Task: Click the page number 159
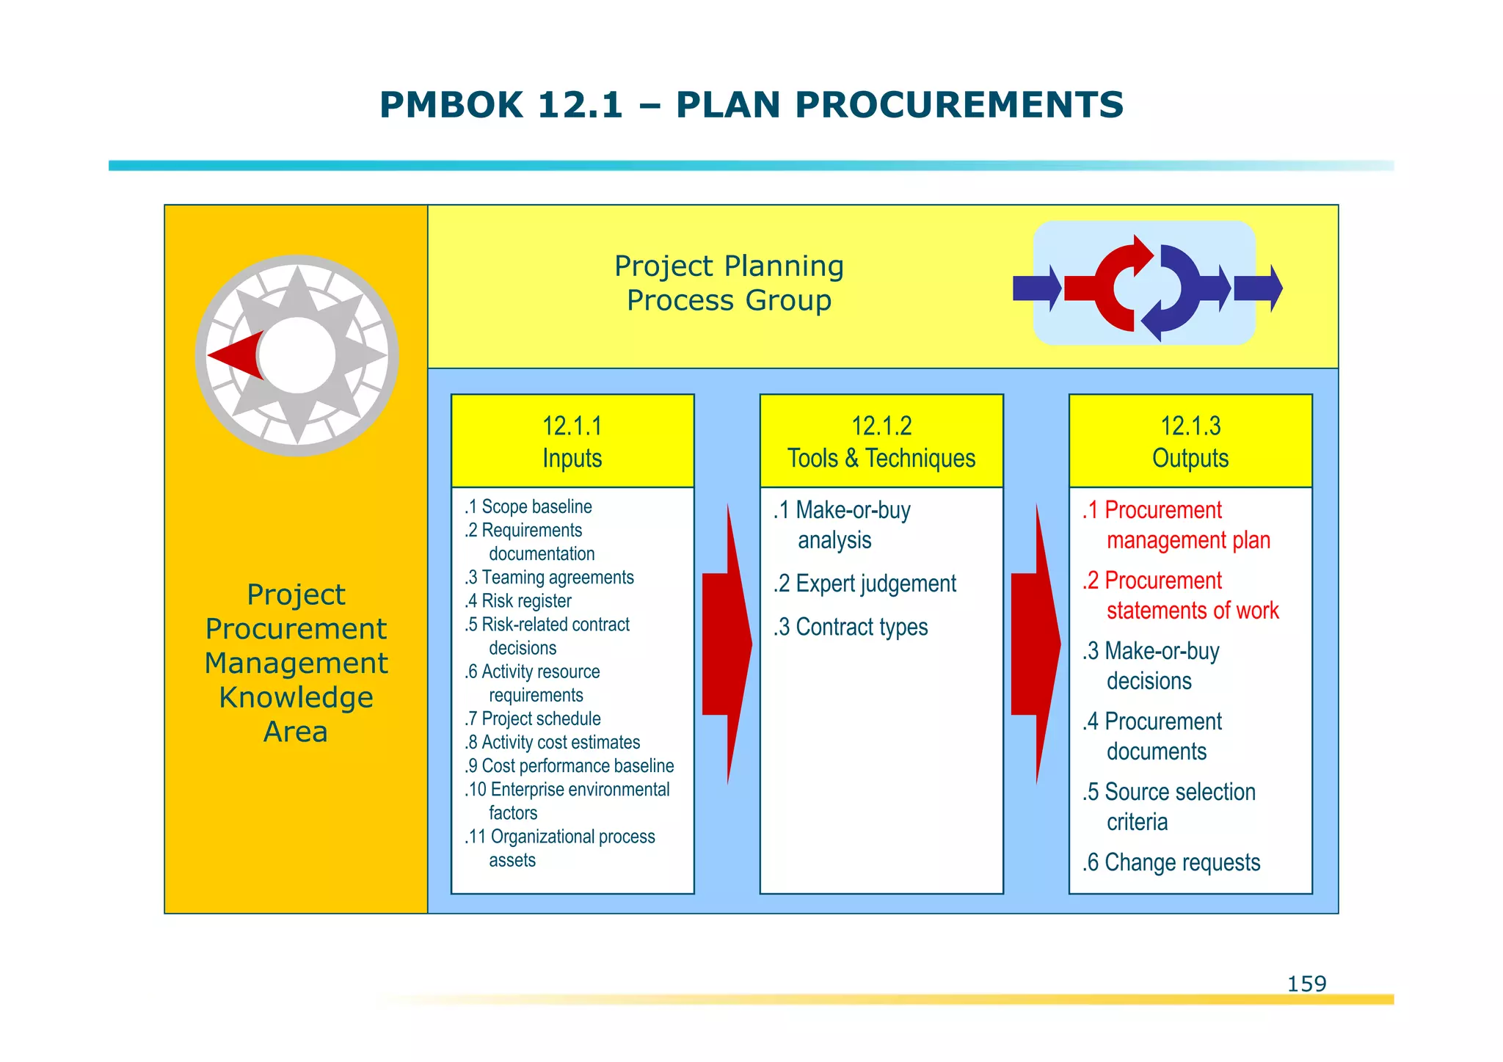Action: pyautogui.click(x=1306, y=983)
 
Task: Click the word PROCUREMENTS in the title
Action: pyautogui.click(x=958, y=104)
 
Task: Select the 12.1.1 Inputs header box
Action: pyautogui.click(x=572, y=441)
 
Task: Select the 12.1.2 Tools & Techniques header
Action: pyautogui.click(x=881, y=441)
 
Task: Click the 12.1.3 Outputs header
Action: pyautogui.click(x=1190, y=441)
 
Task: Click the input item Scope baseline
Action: pyautogui.click(x=528, y=506)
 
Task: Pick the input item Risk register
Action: pyautogui.click(x=518, y=601)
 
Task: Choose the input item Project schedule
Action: pyautogui.click(x=533, y=719)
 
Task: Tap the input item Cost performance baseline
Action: pyautogui.click(x=569, y=765)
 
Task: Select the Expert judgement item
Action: pyautogui.click(x=865, y=583)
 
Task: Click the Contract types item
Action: pyautogui.click(x=851, y=627)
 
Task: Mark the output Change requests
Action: pyautogui.click(x=1171, y=862)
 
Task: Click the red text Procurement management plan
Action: pyautogui.click(x=1176, y=525)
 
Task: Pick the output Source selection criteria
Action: pyautogui.click(x=1168, y=806)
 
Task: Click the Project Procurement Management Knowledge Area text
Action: pyautogui.click(x=296, y=663)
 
